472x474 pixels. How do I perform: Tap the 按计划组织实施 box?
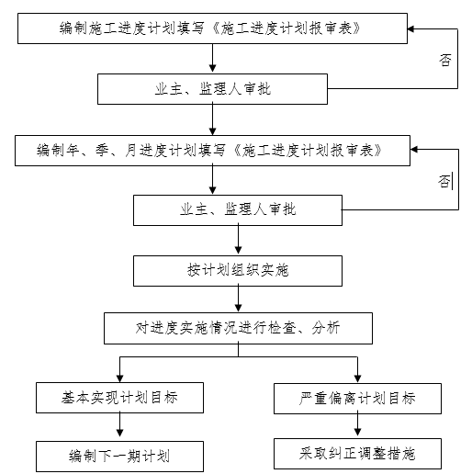pos(239,270)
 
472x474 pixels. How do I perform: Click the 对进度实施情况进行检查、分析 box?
pos(239,328)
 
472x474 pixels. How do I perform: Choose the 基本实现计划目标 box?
pos(119,398)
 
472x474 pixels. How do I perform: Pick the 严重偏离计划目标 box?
pos(357,398)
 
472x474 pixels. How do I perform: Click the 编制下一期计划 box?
pos(119,456)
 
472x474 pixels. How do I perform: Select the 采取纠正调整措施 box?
pos(357,453)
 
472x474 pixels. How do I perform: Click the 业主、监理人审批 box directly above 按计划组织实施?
pos(239,209)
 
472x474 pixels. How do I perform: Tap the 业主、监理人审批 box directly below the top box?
pos(213,88)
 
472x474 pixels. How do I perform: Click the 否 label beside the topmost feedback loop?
pos(444,61)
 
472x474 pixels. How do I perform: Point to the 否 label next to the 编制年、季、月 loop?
pos(444,180)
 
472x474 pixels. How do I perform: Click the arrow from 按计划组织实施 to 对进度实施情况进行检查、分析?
pos(239,299)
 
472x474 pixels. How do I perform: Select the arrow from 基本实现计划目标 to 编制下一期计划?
pos(119,426)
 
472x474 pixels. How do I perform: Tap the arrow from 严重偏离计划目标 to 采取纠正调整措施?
pos(357,425)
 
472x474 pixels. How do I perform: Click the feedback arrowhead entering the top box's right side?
pos(416,28)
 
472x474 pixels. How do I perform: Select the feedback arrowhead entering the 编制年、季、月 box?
pos(416,150)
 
